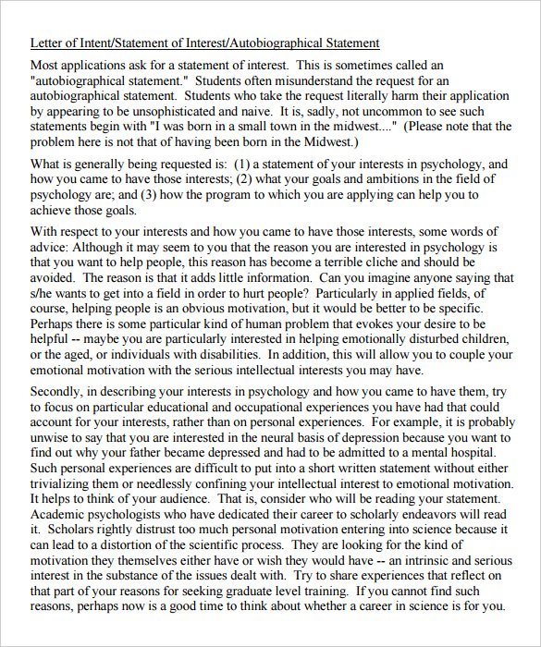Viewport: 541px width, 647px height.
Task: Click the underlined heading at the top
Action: pyautogui.click(x=204, y=43)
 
